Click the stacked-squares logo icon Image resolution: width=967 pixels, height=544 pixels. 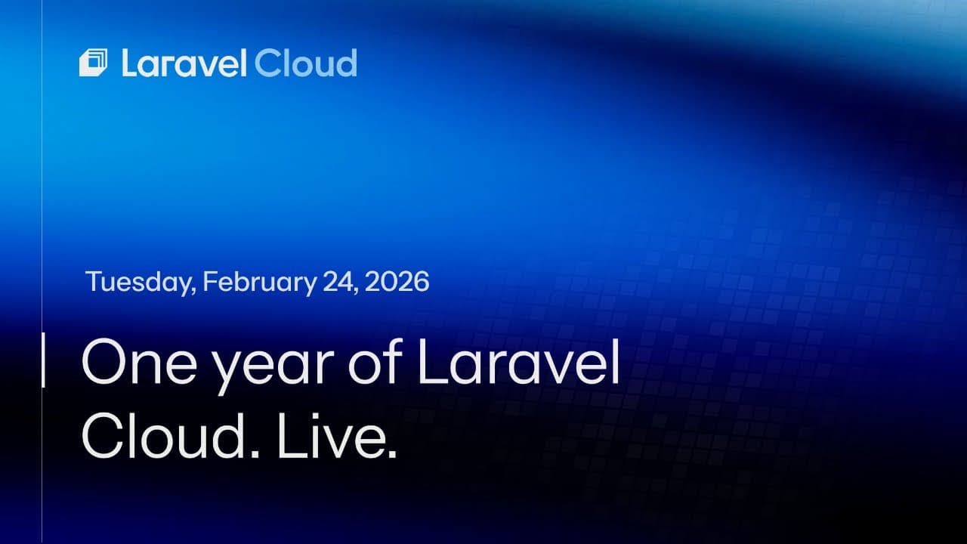(x=94, y=63)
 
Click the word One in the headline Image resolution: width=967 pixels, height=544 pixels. (x=134, y=363)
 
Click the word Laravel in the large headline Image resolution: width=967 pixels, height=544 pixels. (x=519, y=363)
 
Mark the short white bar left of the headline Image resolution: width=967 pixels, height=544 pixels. (x=42, y=360)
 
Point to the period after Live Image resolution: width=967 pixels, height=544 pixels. (x=391, y=455)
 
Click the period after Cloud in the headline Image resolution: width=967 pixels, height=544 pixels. (x=253, y=455)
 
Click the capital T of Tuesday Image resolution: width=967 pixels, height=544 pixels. (x=93, y=282)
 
